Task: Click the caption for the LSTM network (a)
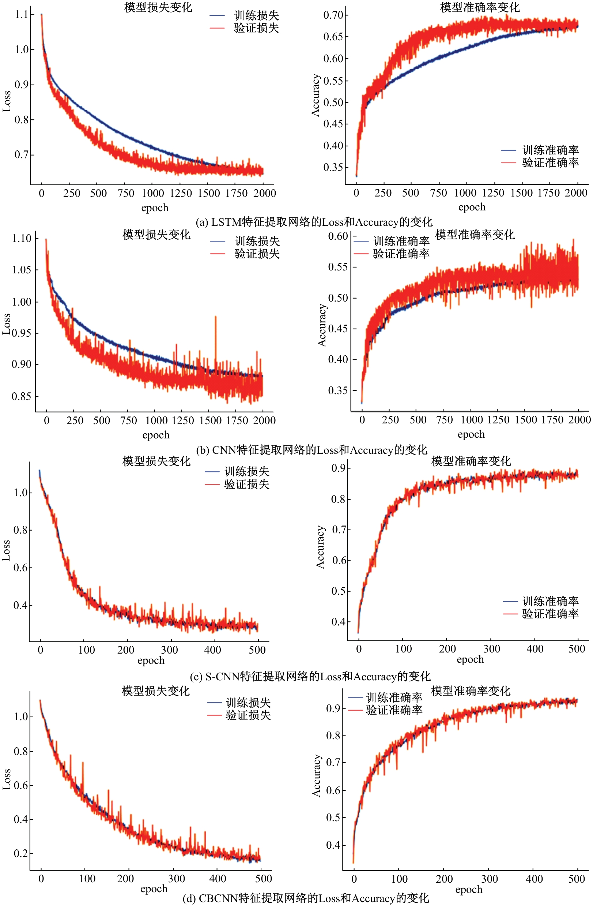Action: coord(314,222)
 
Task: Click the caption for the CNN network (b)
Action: coord(311,450)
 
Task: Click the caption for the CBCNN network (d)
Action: coord(306,898)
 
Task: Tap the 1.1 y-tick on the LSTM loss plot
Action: coord(21,14)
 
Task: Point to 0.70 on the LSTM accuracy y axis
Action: coord(333,15)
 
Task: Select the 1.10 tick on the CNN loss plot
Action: coord(22,239)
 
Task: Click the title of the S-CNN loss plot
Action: coord(156,461)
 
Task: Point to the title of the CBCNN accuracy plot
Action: coord(470,691)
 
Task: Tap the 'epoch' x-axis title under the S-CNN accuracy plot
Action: coord(470,659)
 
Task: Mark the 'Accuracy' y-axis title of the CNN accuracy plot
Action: coord(322,325)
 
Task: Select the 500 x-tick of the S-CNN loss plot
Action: coord(257,650)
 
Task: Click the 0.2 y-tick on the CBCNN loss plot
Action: coord(21,854)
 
